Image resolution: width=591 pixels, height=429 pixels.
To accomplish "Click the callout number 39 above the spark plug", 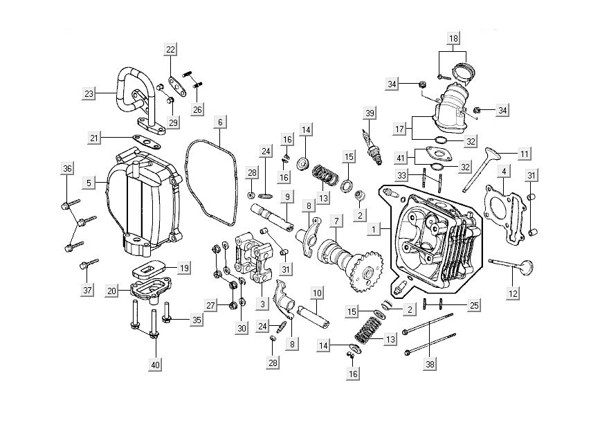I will point(370,113).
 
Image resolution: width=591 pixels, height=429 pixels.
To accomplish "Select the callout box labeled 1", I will point(374,228).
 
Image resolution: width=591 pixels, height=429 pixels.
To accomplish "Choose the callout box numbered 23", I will point(88,93).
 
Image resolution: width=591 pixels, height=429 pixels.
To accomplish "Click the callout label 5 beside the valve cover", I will point(89,183).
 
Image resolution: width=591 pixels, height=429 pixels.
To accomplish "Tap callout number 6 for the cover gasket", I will point(219,122).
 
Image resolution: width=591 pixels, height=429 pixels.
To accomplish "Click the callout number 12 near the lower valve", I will point(513,293).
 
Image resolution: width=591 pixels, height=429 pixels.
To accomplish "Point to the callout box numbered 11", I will point(524,153).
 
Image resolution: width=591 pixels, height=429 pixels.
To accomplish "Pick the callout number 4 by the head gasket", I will point(504,171).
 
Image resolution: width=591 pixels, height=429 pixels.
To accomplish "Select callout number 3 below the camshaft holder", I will point(262,303).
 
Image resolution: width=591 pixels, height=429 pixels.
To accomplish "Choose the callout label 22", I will point(170,48).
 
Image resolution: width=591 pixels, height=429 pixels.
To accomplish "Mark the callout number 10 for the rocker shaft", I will point(316,293).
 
